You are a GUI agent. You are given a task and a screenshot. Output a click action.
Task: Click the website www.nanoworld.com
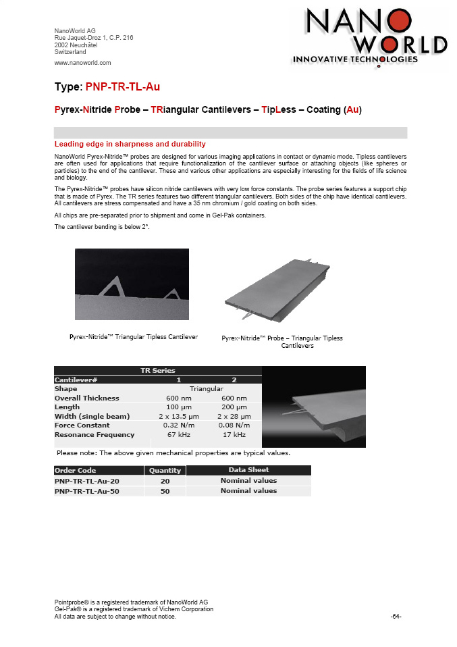tap(82, 62)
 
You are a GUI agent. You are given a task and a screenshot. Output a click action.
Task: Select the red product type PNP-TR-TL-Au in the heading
tap(123, 86)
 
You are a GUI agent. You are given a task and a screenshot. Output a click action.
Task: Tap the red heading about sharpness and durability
tap(130, 144)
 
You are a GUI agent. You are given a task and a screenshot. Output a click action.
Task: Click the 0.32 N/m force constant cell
tap(179, 425)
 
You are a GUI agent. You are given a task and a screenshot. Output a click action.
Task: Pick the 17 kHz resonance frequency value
tap(234, 435)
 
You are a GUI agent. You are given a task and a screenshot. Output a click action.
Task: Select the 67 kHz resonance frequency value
tap(179, 435)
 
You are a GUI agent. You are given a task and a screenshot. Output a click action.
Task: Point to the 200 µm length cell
tap(234, 407)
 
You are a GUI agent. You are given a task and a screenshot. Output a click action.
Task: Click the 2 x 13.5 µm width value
tap(179, 416)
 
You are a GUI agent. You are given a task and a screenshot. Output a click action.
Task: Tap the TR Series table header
tap(157, 370)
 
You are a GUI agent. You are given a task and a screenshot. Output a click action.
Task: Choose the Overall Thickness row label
tap(86, 398)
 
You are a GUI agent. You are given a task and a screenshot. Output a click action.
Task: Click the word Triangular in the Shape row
tap(207, 389)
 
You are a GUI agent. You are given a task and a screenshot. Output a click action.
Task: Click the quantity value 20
tap(164, 481)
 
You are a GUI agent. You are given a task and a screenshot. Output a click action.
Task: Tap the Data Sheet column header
tap(248, 470)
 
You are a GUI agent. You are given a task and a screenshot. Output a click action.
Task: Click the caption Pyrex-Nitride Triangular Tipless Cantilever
tap(134, 337)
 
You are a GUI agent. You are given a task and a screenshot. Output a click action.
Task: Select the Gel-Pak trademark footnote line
tap(134, 609)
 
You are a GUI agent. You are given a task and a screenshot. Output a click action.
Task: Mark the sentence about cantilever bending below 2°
tap(102, 227)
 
